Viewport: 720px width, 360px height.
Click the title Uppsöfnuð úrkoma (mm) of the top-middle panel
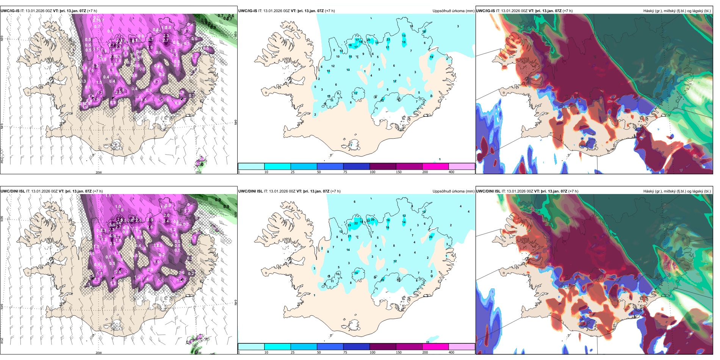point(453,11)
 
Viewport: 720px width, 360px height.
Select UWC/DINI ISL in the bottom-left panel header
point(13,191)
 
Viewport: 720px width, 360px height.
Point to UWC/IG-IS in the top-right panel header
point(485,11)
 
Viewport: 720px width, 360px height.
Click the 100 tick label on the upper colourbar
point(373,172)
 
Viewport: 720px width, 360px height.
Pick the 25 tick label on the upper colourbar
point(293,172)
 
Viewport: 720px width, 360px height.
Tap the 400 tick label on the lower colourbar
point(451,352)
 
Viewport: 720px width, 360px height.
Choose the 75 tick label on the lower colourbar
point(345,352)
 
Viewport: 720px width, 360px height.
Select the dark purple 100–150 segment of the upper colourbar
point(383,166)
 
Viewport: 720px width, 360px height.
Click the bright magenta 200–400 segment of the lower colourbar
point(435,347)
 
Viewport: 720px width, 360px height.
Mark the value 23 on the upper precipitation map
point(388,39)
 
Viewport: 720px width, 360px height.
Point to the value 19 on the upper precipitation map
point(431,57)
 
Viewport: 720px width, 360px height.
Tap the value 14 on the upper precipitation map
point(341,51)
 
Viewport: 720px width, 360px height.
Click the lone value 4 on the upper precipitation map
point(371,75)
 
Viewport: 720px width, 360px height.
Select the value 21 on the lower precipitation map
point(349,236)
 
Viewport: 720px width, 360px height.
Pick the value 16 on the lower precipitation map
point(387,228)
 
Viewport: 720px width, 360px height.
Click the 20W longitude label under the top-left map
point(99,172)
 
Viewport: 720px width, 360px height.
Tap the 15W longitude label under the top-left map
point(198,172)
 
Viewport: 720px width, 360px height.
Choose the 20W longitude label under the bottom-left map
point(99,353)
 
